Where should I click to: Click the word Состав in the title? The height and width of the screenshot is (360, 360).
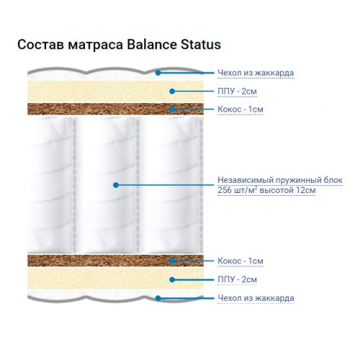(x=40, y=45)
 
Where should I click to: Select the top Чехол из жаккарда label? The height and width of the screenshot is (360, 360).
(x=256, y=73)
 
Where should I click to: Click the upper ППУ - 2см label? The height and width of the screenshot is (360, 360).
(x=237, y=91)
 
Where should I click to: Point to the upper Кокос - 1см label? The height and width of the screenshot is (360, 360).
(x=240, y=109)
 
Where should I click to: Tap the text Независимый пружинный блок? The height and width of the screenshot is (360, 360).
(x=280, y=180)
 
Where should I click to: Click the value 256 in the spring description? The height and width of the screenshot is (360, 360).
(x=225, y=190)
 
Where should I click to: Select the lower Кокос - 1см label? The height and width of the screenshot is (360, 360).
(x=240, y=261)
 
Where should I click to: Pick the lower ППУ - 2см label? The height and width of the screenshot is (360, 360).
(x=237, y=279)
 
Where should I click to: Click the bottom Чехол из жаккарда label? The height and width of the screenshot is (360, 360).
(x=256, y=298)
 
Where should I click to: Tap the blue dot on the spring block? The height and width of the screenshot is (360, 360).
(x=116, y=185)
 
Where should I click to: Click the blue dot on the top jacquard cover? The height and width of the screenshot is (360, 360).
(x=158, y=73)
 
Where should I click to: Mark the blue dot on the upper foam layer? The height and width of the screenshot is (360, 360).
(x=172, y=91)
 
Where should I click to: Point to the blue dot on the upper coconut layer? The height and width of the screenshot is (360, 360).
(x=172, y=109)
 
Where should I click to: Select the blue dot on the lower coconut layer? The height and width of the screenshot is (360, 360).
(x=172, y=261)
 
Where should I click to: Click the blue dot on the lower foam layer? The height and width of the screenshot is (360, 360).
(x=172, y=279)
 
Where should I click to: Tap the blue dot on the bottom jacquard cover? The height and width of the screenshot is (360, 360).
(x=158, y=298)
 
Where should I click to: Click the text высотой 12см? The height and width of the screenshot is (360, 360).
(x=287, y=190)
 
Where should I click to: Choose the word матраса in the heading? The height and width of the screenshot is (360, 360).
(x=95, y=45)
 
